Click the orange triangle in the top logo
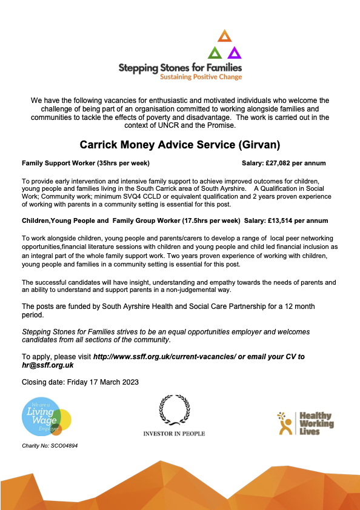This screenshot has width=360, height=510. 225,35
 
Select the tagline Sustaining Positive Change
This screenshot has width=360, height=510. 201,77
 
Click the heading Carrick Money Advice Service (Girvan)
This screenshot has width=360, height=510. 179,145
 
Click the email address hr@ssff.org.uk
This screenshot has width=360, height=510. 47,365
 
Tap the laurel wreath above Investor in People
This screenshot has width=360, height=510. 174,410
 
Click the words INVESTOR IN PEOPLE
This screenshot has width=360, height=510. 174,434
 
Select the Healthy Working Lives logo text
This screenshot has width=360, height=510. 316,423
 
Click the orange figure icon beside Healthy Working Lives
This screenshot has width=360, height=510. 284,423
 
